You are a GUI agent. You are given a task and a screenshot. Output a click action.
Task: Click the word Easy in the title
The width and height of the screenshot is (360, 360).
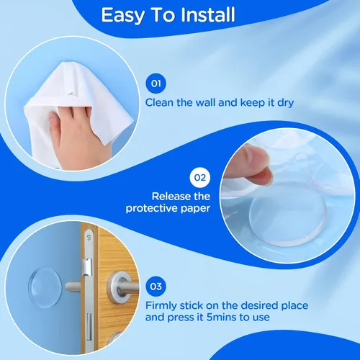[x=123, y=16]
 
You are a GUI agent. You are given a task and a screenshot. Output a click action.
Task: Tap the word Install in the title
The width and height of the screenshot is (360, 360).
[x=207, y=14]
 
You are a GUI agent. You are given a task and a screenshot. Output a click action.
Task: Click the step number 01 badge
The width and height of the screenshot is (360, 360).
[x=156, y=84]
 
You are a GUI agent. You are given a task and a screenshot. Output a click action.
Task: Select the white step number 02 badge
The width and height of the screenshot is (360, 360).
[x=200, y=178]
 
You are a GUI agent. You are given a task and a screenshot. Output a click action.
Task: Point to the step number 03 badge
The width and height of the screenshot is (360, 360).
[x=156, y=287]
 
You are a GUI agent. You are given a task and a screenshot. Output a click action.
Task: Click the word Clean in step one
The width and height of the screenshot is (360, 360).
[x=159, y=102]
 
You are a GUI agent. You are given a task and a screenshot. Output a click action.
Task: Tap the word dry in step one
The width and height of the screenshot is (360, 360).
[x=286, y=103]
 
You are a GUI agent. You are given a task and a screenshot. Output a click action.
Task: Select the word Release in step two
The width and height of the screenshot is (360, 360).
[x=171, y=197]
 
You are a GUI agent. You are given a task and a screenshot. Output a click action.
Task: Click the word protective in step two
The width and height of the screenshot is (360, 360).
[x=151, y=208]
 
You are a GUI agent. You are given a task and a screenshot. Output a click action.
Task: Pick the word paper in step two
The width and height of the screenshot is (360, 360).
[x=195, y=209]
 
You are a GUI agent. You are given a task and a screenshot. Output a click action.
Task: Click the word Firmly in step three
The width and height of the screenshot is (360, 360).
[x=161, y=306]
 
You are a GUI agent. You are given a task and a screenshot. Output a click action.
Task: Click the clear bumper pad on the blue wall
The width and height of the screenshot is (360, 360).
[x=45, y=287]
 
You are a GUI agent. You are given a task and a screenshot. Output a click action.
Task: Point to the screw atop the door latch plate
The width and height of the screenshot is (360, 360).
[x=89, y=238]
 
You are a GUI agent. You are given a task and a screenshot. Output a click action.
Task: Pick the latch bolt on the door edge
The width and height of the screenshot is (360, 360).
[x=86, y=267]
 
